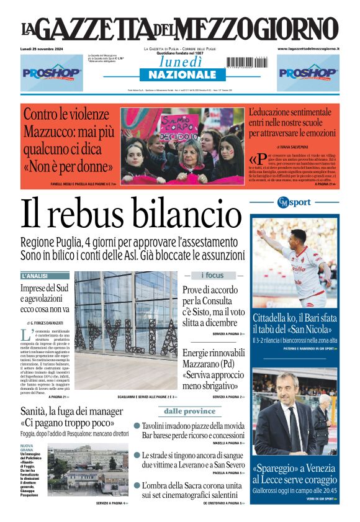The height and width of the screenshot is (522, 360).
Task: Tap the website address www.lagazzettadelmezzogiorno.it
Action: (x=308, y=48)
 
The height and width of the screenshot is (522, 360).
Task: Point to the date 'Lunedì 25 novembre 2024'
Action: (x=46, y=48)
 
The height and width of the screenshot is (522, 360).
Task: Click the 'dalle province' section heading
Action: (x=190, y=411)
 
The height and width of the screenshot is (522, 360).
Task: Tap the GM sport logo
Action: (x=294, y=202)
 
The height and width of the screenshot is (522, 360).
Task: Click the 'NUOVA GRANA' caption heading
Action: (x=27, y=448)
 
